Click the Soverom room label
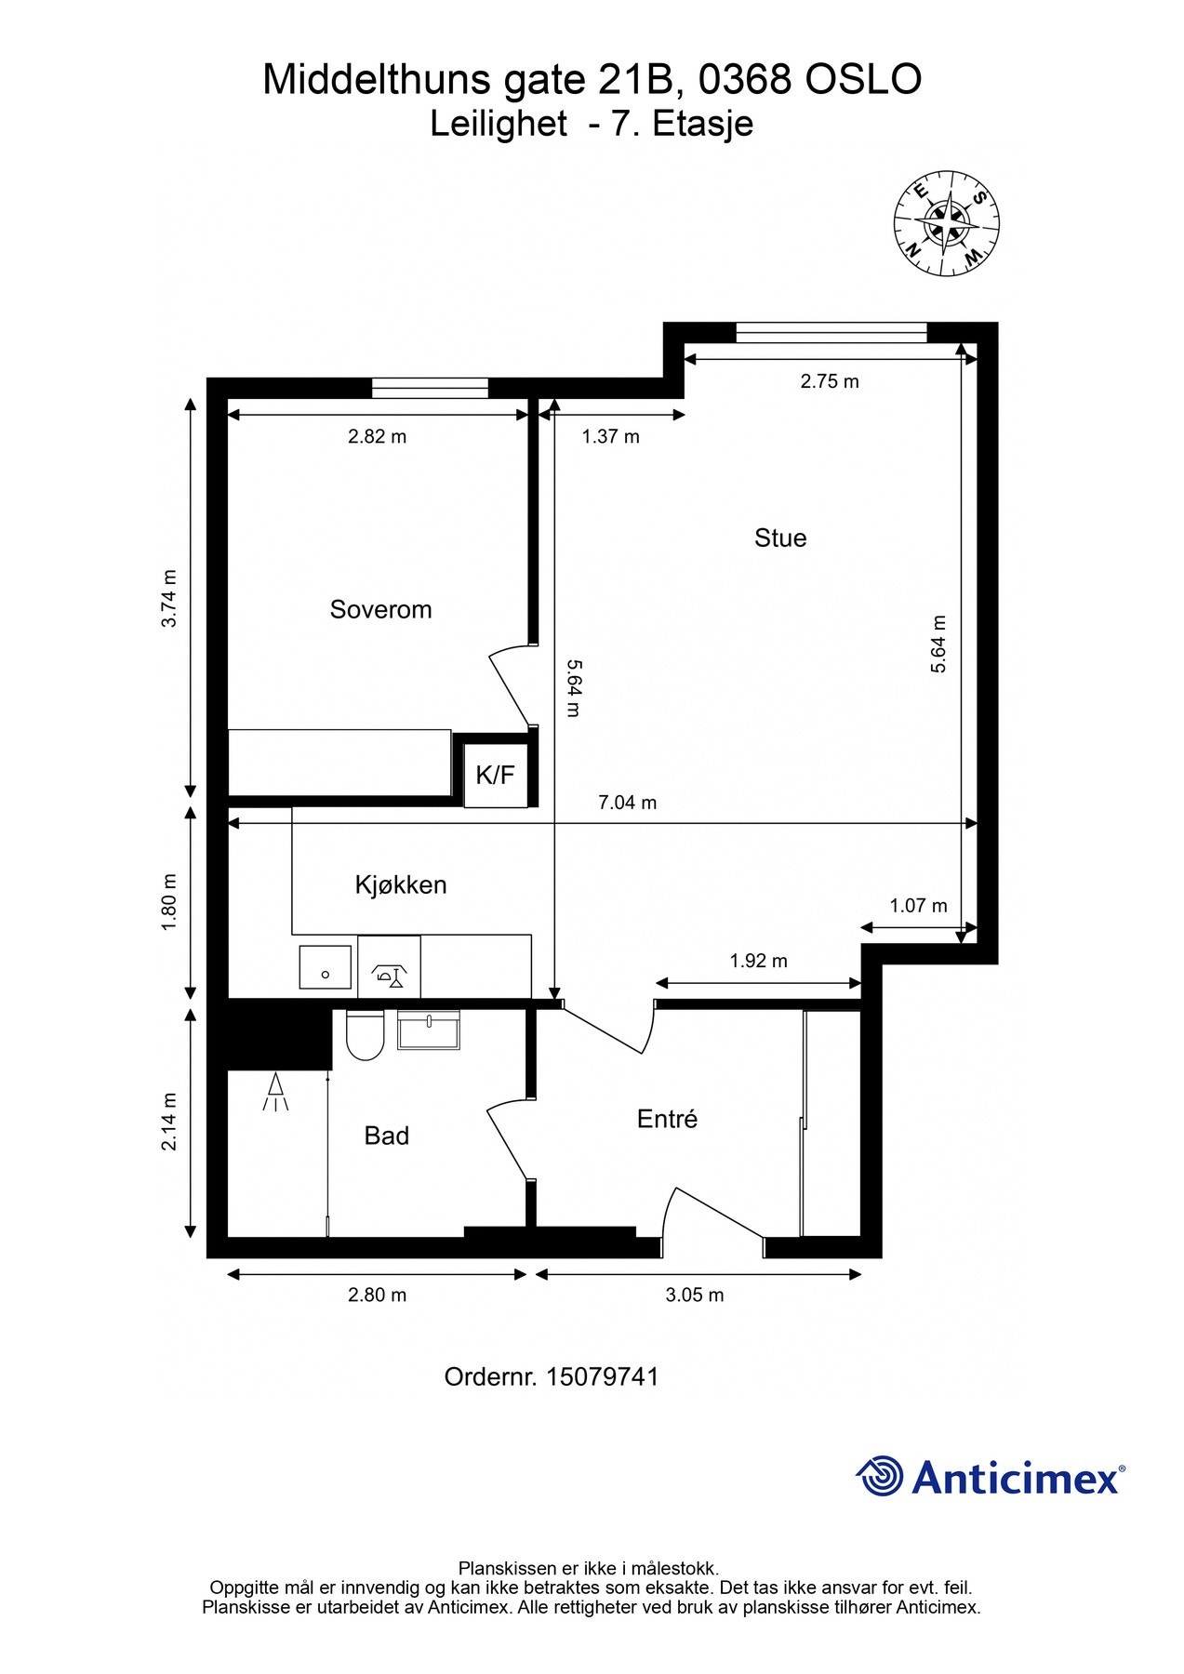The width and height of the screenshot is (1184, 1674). coord(380,610)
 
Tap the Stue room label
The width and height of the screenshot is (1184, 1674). coord(780,538)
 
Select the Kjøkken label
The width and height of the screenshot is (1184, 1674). coord(401,884)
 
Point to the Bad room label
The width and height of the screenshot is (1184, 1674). coord(387,1136)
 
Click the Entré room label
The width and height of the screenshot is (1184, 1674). coord(667,1119)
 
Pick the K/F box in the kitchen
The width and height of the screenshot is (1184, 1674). coord(496,775)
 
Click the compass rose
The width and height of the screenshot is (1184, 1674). coord(947,224)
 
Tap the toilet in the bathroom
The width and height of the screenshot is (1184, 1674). coord(366,1035)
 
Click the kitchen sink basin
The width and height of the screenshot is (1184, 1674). coord(326,968)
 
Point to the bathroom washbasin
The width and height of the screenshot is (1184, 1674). coord(429,1030)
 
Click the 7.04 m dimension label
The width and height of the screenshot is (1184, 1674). coord(628,803)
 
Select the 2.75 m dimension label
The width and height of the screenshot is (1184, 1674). coord(830,381)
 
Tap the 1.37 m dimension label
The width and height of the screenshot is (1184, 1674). coord(611,436)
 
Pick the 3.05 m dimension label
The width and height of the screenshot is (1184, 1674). coord(695,1295)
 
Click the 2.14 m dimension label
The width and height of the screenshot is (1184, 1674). coord(169,1122)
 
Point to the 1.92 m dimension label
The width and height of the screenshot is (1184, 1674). coord(759,961)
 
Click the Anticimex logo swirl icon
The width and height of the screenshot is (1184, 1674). coord(880,1476)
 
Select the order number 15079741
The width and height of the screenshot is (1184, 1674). coord(603,1376)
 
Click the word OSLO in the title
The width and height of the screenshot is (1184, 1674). coord(863,80)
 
